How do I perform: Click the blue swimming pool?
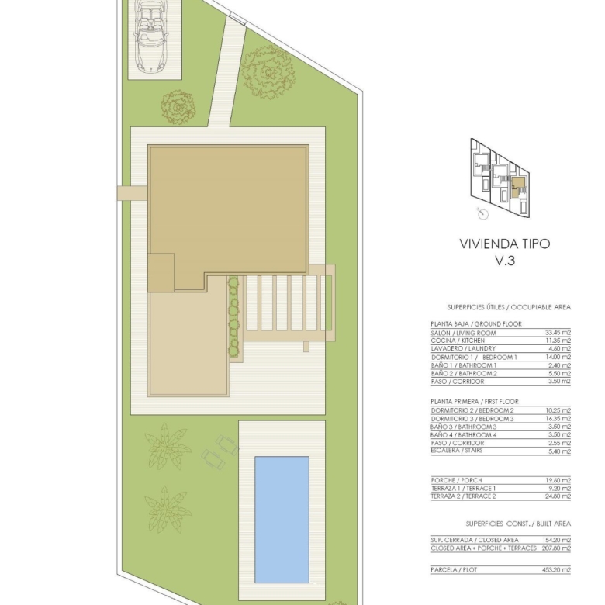click(282, 520)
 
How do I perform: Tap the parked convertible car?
click(151, 36)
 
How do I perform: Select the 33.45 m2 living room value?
click(558, 333)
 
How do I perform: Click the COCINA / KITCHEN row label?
click(458, 341)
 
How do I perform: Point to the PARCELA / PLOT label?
click(454, 569)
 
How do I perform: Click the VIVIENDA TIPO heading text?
click(505, 244)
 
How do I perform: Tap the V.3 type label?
click(505, 261)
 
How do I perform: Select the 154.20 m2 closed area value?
click(556, 540)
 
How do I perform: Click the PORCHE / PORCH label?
click(456, 480)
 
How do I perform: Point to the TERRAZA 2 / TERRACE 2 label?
click(463, 496)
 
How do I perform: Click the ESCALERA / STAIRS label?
click(457, 451)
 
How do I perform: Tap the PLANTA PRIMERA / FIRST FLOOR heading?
click(475, 401)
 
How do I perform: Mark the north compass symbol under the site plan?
click(482, 213)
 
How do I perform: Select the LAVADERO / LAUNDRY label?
click(463, 349)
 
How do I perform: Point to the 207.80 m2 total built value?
click(556, 548)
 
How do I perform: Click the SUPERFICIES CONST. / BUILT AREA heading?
click(518, 524)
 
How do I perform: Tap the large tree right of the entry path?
click(268, 71)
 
